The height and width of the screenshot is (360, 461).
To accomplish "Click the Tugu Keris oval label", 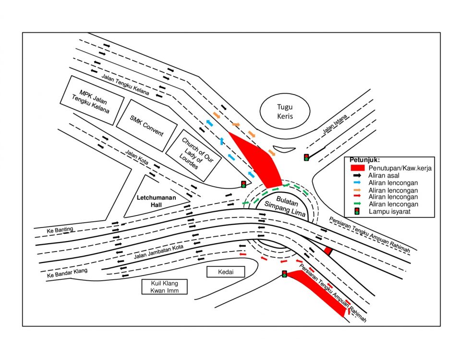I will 285,112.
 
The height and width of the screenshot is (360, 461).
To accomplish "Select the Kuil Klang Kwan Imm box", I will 164,287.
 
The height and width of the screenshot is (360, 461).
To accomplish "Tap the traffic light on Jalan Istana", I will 306,157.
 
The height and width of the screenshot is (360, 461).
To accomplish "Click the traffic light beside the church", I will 244,184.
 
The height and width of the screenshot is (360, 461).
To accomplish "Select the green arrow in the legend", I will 357,204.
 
